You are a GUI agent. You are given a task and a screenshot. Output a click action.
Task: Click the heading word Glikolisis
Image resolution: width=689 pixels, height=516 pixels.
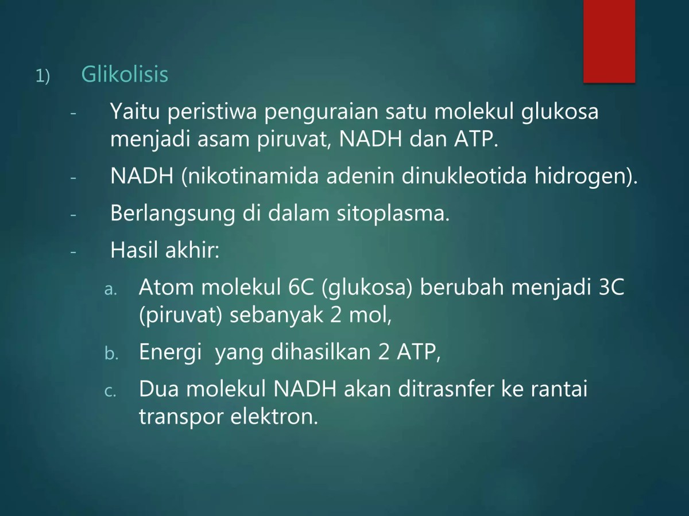pyautogui.click(x=125, y=75)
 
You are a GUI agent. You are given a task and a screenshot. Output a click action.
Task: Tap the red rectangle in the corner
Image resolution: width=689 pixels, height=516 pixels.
pyautogui.click(x=609, y=41)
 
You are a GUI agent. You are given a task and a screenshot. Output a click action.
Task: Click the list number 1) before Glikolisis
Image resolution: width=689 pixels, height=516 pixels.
pyautogui.click(x=43, y=76)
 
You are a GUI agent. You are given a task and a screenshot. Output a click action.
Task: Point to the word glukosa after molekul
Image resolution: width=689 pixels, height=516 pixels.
pyautogui.click(x=560, y=111)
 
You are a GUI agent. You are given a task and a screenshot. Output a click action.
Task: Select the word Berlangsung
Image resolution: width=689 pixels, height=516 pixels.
pyautogui.click(x=172, y=214)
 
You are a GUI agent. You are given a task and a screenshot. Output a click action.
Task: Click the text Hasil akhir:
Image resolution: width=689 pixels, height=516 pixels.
pyautogui.click(x=165, y=250)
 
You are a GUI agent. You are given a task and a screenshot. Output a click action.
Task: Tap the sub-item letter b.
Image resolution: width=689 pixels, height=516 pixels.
pyautogui.click(x=111, y=354)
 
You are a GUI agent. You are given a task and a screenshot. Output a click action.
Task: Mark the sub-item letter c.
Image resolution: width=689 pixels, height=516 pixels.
pyautogui.click(x=110, y=391)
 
